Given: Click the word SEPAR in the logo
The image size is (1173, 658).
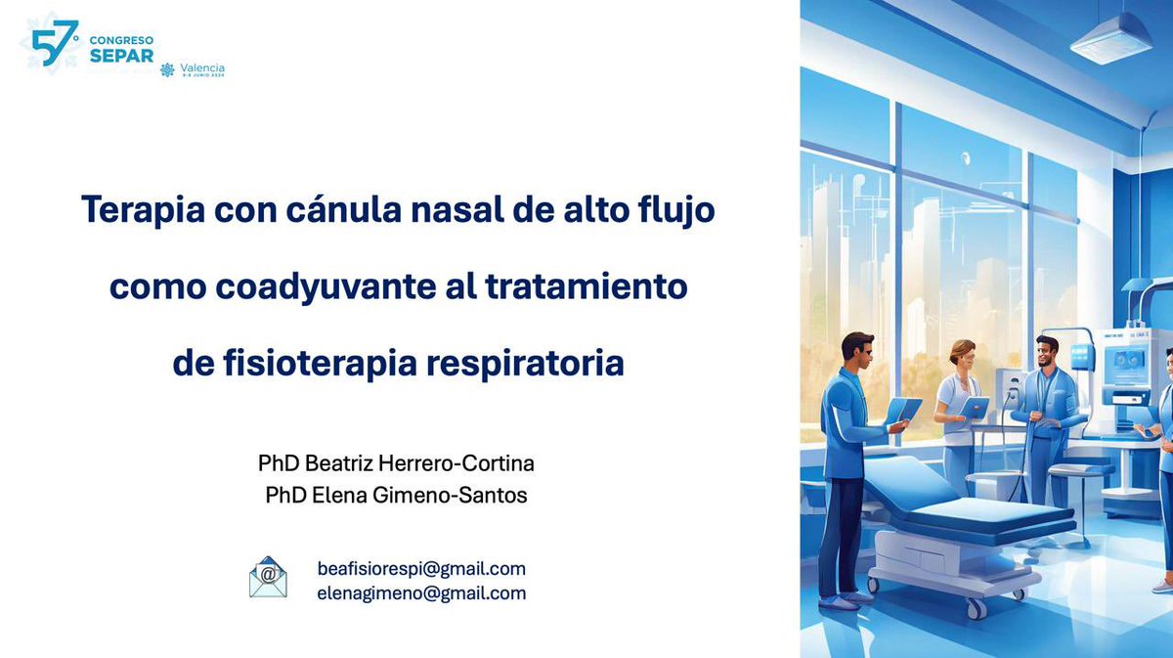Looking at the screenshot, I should [121, 55].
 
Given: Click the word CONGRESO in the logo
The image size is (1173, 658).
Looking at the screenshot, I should [121, 40].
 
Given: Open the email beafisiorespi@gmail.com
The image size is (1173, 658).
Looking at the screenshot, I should [421, 568].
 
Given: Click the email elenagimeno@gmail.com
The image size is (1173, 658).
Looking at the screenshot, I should [421, 592].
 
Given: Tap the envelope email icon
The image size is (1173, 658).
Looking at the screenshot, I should [268, 578].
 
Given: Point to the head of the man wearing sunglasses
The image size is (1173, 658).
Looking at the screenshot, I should [856, 349].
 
